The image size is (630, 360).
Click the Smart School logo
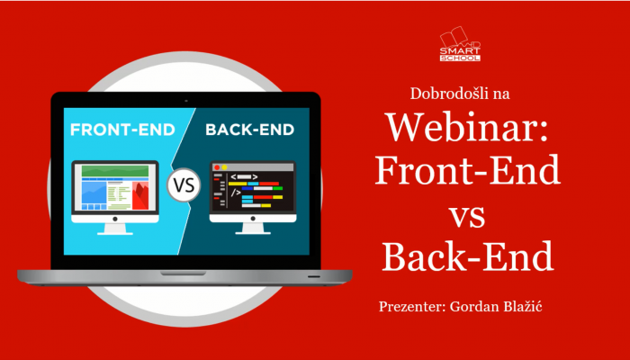click(x=460, y=44)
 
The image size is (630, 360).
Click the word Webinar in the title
click(x=467, y=128)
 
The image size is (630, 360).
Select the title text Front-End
click(x=467, y=170)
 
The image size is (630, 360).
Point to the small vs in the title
click(x=467, y=218)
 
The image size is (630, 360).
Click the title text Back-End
click(x=468, y=256)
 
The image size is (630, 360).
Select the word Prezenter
click(x=412, y=307)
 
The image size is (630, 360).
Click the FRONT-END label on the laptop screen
click(x=122, y=130)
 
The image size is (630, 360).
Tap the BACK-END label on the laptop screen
click(x=250, y=130)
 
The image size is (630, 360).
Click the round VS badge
click(x=184, y=185)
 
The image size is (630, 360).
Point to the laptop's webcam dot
click(x=186, y=101)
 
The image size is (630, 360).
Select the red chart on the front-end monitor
click(x=140, y=195)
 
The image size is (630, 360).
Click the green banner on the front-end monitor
click(x=115, y=171)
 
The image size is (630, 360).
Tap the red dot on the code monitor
click(x=217, y=167)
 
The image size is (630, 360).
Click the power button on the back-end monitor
click(x=253, y=219)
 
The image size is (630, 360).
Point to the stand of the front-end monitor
click(x=115, y=229)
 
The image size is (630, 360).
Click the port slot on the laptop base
click(x=314, y=276)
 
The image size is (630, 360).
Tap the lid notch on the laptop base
click(x=184, y=273)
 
